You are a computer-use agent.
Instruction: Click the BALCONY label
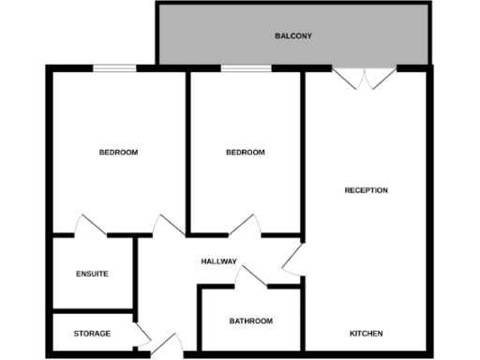pos(293,37)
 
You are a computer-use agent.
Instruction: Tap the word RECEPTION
pos(366,190)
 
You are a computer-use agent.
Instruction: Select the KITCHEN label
pos(366,334)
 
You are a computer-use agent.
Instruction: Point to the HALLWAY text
pos(218,262)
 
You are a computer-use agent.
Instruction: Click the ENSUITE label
pos(92,274)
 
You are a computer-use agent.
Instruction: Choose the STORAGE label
pos(92,333)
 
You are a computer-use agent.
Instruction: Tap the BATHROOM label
pos(251,321)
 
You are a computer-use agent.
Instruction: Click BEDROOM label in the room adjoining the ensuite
pos(119,152)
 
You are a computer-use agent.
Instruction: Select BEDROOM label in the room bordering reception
pos(246,152)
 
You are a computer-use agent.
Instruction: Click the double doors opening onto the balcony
pos(365,78)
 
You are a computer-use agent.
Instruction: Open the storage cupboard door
pos(142,336)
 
